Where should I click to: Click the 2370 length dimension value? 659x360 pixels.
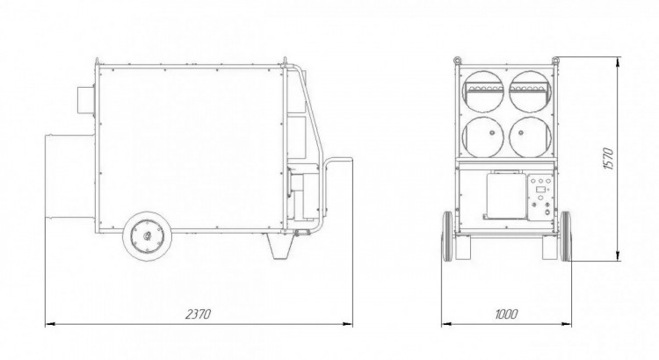198,314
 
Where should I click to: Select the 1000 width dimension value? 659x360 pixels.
506,313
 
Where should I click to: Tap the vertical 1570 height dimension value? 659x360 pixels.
609,158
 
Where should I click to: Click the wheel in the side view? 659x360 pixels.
147,236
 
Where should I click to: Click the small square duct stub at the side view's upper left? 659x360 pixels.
85,99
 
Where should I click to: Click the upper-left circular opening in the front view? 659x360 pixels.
483,91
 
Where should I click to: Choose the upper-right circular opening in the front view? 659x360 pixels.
530,91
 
